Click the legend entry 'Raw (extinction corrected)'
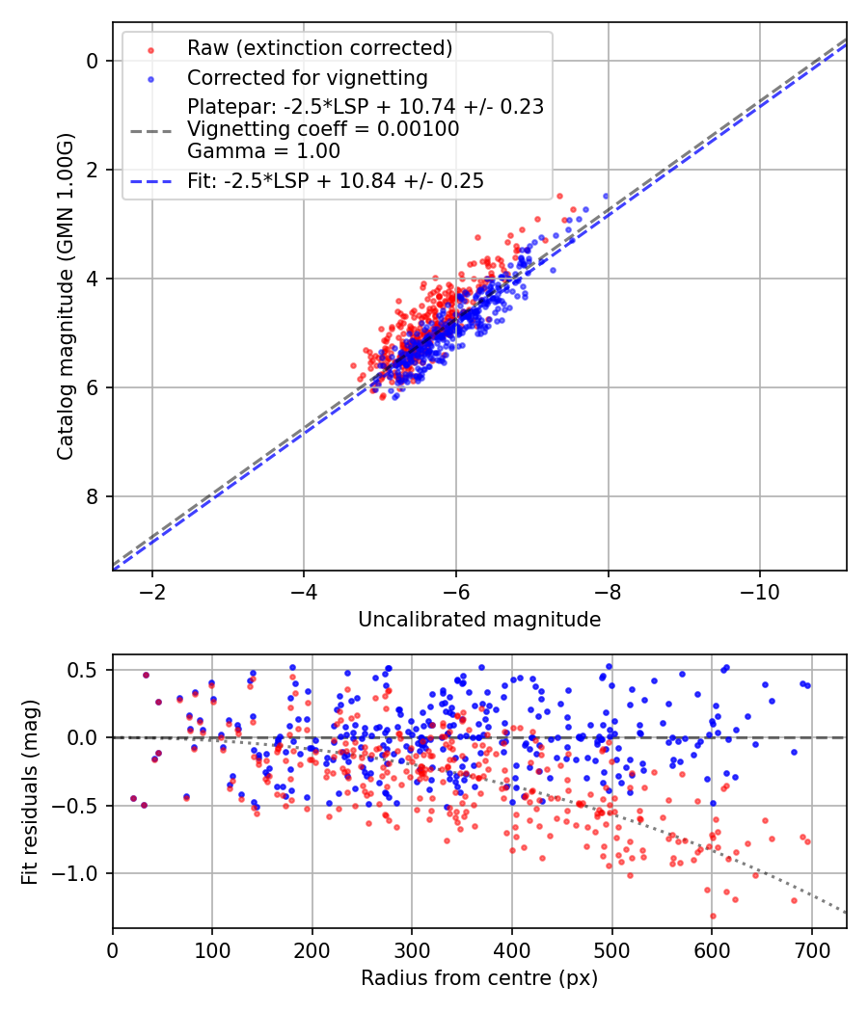coord(319,48)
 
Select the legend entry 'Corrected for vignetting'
coord(308,77)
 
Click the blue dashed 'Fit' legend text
coord(336,180)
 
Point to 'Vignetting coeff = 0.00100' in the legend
coord(323,129)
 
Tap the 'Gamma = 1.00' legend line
coord(263,150)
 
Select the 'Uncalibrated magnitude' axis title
coord(479,620)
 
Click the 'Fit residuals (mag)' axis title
coord(30,791)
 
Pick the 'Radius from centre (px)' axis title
coord(479,978)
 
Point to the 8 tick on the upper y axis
coord(94,496)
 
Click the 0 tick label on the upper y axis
coord(94,61)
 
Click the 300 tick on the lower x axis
coord(412,949)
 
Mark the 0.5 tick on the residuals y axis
coord(87,670)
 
